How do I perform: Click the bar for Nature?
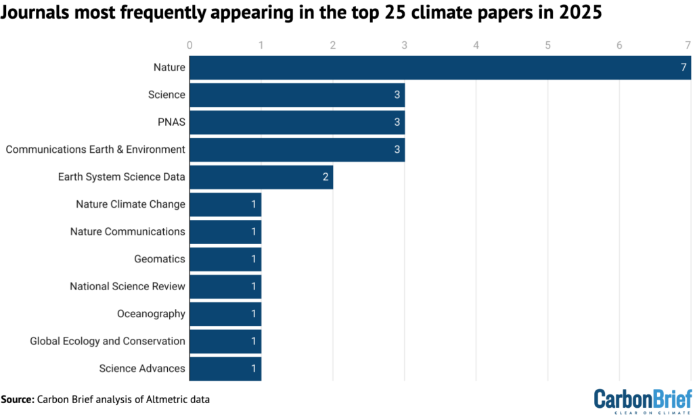(x=440, y=68)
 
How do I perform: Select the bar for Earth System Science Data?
(x=261, y=177)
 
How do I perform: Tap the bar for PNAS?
(x=297, y=122)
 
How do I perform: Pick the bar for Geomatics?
(x=225, y=259)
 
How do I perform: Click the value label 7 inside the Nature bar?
(x=684, y=68)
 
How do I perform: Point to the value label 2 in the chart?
(x=326, y=177)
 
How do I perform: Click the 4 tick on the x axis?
(x=476, y=45)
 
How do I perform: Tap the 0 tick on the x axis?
(x=190, y=45)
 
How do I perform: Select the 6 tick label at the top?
(x=619, y=45)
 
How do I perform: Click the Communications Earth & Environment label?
(x=95, y=149)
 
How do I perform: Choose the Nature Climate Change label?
(x=131, y=204)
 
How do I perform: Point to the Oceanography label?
(x=151, y=314)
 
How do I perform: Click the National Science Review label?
(x=127, y=286)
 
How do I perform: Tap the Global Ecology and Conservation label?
(x=108, y=341)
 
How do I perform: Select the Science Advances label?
(x=142, y=369)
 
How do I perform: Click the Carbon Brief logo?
(x=642, y=399)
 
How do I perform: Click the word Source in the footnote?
(x=18, y=400)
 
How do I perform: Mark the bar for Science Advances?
(x=225, y=369)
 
